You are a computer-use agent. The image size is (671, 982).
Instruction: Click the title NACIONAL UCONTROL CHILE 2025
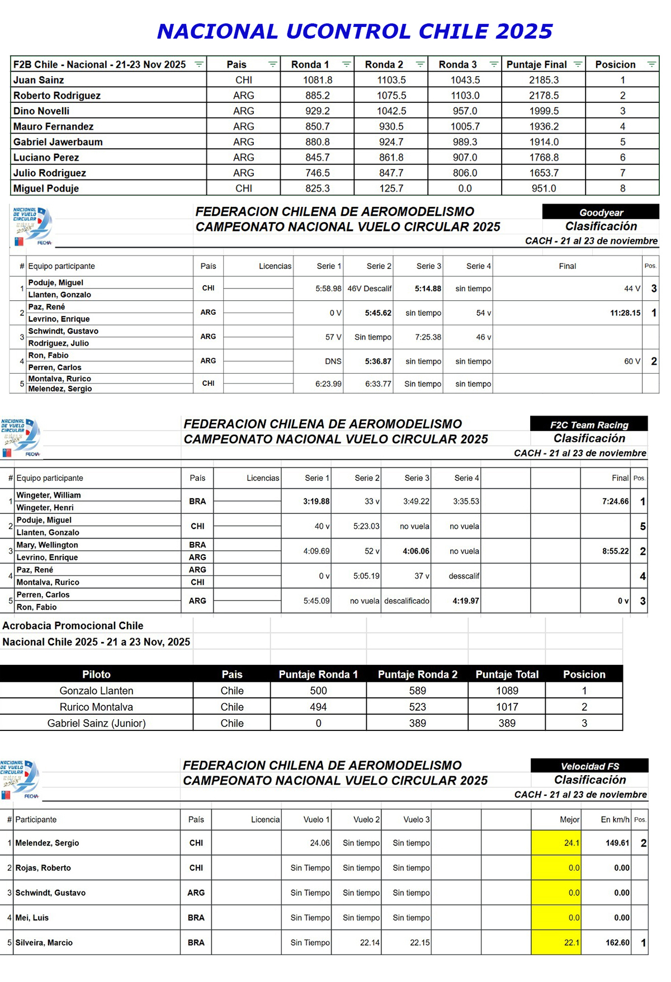click(x=355, y=31)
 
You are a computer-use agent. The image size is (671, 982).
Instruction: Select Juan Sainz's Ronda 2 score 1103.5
click(x=391, y=80)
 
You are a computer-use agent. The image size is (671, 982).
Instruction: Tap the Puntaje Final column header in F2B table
click(x=536, y=65)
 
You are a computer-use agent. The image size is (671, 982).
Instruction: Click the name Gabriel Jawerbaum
click(x=58, y=142)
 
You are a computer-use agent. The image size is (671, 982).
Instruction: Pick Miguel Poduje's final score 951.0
click(x=544, y=188)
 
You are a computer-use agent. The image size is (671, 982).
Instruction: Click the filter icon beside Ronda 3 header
click(x=494, y=64)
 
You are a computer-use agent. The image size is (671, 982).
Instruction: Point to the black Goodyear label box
click(x=601, y=213)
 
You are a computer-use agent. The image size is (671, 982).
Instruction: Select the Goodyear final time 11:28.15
click(x=625, y=313)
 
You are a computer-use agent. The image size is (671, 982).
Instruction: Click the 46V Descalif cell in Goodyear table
click(x=369, y=289)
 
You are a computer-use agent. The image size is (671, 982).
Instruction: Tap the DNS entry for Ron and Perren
click(x=333, y=362)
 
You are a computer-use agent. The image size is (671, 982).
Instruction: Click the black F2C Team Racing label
click(x=589, y=425)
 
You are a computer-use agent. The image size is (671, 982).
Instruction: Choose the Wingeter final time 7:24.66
click(x=615, y=502)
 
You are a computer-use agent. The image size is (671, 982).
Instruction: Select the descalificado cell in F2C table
click(x=407, y=601)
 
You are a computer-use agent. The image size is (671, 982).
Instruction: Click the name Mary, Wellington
click(x=48, y=545)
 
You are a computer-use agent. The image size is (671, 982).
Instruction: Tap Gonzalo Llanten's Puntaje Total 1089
click(x=507, y=691)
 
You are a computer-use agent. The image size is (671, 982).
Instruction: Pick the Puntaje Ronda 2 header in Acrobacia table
click(x=417, y=674)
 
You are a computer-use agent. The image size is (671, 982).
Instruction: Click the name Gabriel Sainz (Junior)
click(x=96, y=724)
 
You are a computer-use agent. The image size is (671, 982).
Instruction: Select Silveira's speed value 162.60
click(x=617, y=943)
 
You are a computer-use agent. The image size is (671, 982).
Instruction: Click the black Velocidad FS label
click(x=589, y=766)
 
